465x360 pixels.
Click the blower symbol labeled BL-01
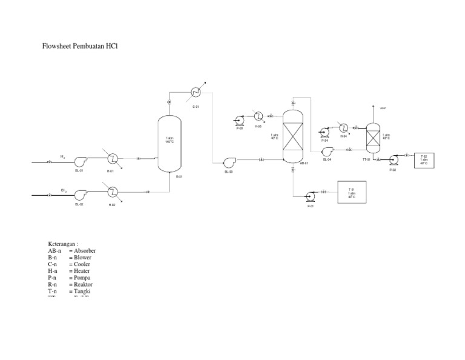(x=79, y=161)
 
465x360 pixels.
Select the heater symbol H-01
(x=112, y=159)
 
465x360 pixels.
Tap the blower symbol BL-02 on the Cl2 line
(x=79, y=195)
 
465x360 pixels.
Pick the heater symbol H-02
(x=112, y=192)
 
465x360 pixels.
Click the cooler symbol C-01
(x=196, y=92)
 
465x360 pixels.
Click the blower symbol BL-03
(x=229, y=162)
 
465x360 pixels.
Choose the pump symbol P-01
(x=311, y=196)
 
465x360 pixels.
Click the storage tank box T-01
(x=351, y=192)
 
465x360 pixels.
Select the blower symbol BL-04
(x=328, y=151)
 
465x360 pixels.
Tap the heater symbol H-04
(x=344, y=127)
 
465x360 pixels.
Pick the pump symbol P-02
(x=393, y=160)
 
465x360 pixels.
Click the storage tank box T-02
(x=424, y=161)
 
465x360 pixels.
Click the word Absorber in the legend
(x=84, y=250)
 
